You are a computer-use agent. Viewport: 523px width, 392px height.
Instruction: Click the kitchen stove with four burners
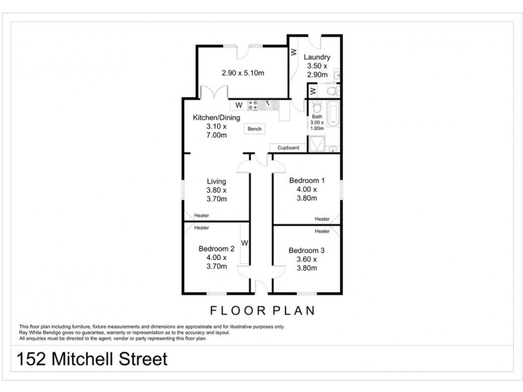click(x=252, y=105)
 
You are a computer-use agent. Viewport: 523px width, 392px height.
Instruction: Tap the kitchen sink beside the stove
click(x=268, y=105)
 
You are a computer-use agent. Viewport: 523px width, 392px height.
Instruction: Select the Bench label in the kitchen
click(x=255, y=129)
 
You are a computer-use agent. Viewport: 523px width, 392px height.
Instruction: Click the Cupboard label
click(x=288, y=148)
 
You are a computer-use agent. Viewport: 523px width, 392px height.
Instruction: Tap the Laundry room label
click(x=317, y=57)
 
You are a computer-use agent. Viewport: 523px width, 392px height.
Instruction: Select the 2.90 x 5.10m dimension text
click(x=243, y=73)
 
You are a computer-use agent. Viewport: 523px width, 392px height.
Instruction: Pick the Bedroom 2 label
click(x=216, y=248)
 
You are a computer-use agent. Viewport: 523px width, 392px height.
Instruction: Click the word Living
click(x=216, y=181)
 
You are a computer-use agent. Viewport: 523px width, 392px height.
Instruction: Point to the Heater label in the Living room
click(x=201, y=216)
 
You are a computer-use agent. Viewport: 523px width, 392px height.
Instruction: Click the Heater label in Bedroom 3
click(x=322, y=231)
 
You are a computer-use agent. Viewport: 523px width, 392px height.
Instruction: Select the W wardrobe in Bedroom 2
click(x=245, y=244)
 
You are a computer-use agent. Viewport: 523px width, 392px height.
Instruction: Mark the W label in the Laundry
click(x=294, y=52)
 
